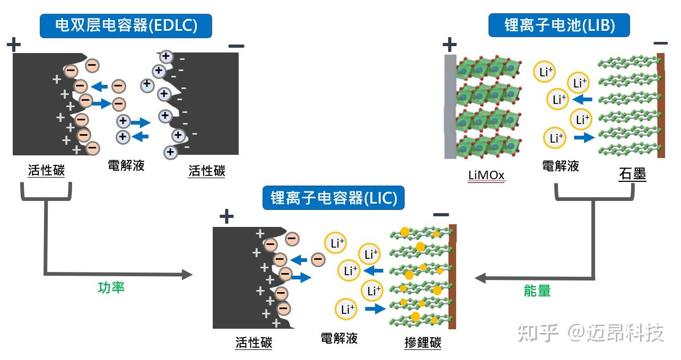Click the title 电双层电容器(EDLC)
pyautogui.click(x=126, y=25)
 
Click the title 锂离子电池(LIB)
pyautogui.click(x=559, y=25)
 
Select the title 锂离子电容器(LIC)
pyautogui.click(x=334, y=198)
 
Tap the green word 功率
pyautogui.click(x=111, y=288)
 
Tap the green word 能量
pyautogui.click(x=537, y=290)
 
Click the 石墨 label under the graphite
pyautogui.click(x=632, y=173)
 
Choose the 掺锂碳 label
pyautogui.click(x=422, y=343)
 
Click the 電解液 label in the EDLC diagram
pyautogui.click(x=126, y=165)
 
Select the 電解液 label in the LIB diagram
pyautogui.click(x=560, y=166)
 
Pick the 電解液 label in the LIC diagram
pyautogui.click(x=339, y=338)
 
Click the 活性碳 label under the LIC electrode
pyautogui.click(x=254, y=343)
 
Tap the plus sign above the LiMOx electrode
pyautogui.click(x=449, y=44)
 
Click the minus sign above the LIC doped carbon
pyautogui.click(x=441, y=215)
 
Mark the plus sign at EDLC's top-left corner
pyautogui.click(x=13, y=44)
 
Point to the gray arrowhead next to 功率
pyautogui.click(x=187, y=274)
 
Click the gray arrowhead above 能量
pyautogui.click(x=481, y=277)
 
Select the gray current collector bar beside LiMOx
pyautogui.click(x=450, y=106)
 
